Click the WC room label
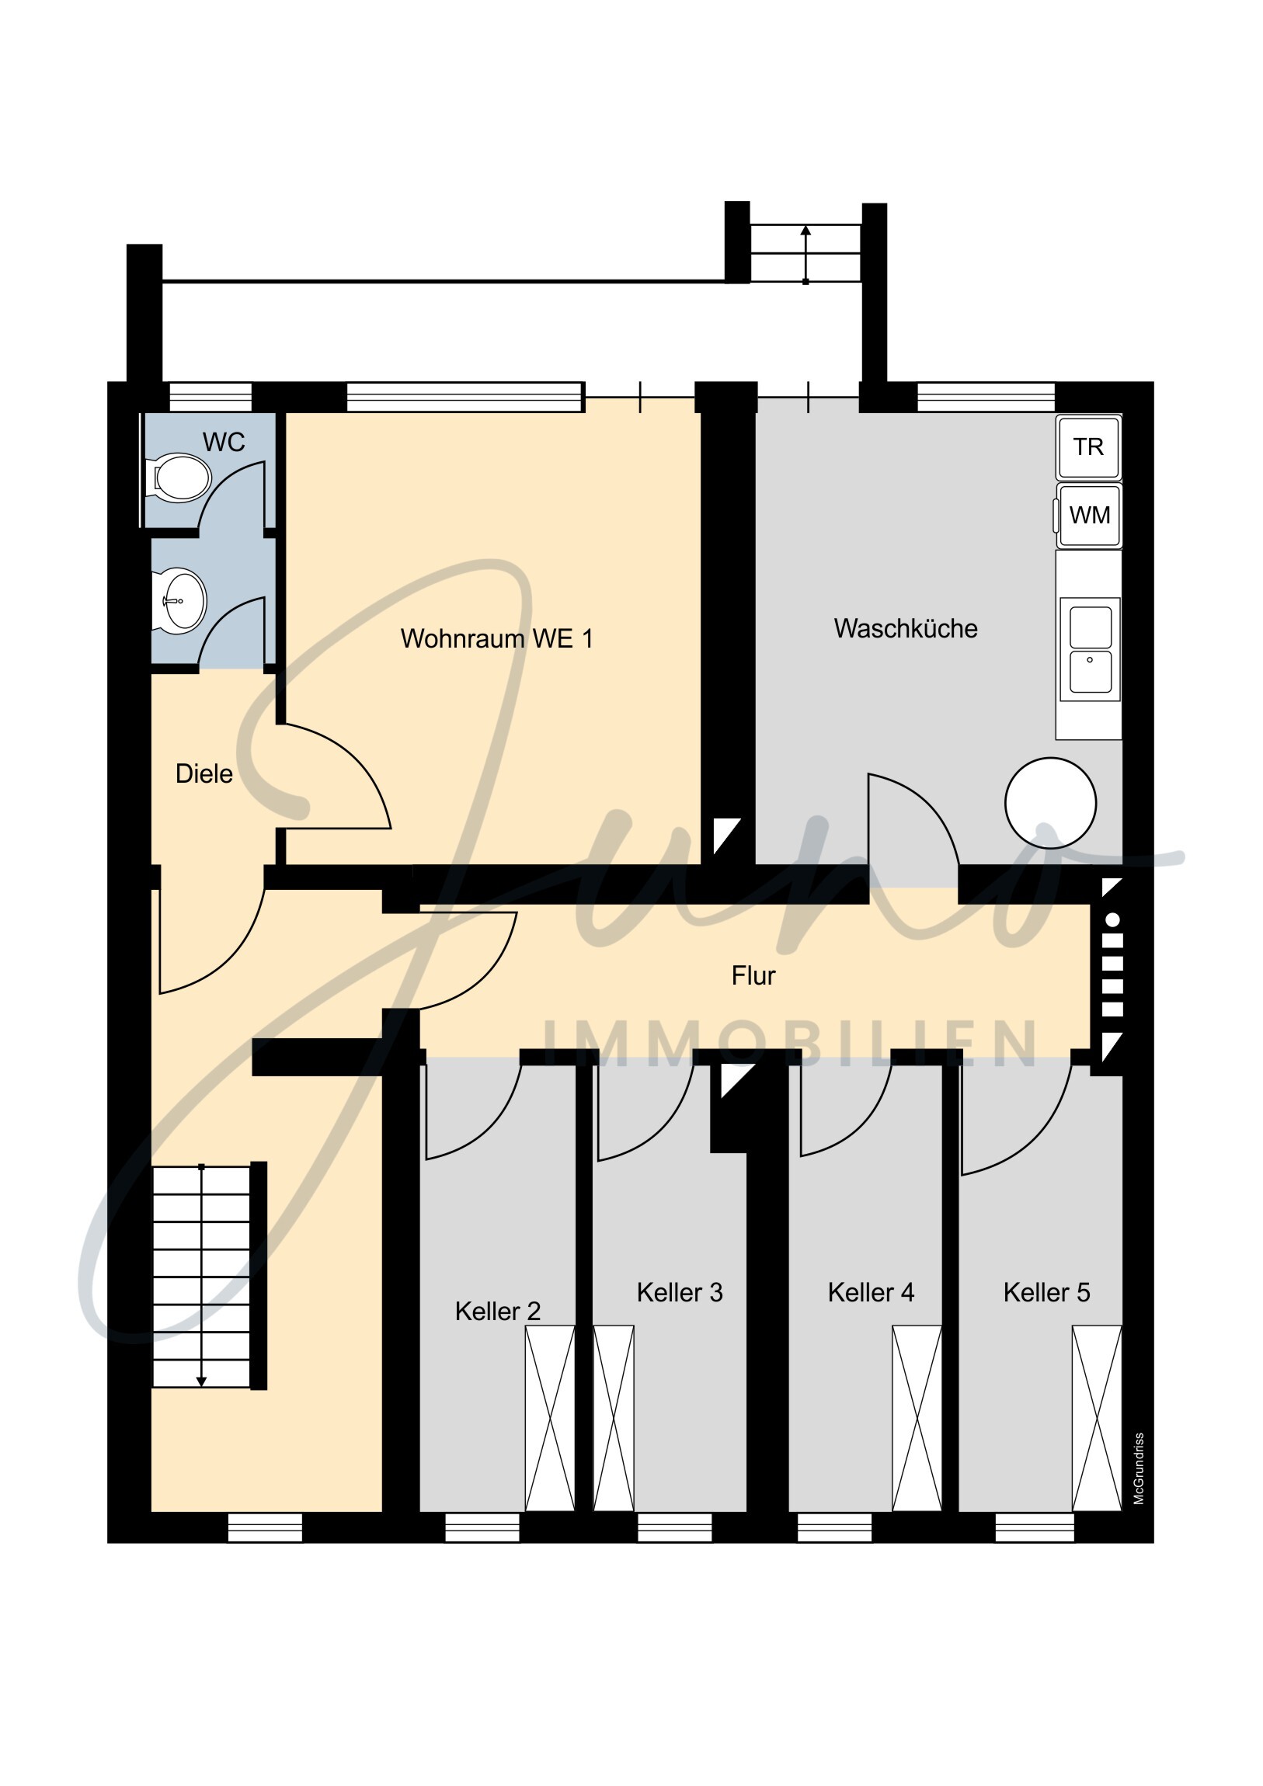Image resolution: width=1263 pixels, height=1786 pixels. coord(224,442)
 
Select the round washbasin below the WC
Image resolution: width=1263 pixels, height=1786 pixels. coord(180,600)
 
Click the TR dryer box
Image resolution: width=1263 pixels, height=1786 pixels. coord(1088,447)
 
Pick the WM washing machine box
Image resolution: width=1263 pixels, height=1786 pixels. coord(1089,515)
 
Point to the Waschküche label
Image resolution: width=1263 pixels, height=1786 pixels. coord(906,628)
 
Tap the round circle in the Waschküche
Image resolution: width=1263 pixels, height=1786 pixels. coord(1050,803)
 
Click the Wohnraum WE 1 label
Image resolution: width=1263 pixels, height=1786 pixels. coord(496,638)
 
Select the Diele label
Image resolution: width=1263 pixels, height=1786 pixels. coord(204,774)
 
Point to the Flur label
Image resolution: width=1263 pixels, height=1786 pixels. coord(753,975)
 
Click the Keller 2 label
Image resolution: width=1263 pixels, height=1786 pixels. coord(497,1311)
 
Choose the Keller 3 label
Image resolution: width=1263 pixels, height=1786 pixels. coord(680,1292)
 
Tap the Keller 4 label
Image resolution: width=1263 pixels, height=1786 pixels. coord(871,1292)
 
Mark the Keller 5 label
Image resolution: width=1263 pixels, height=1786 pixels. coord(1046,1292)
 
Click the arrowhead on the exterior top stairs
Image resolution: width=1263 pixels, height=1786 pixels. coord(805,231)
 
